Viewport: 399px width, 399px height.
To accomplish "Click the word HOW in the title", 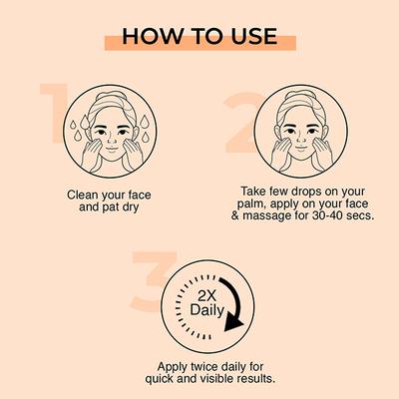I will tap(150, 36).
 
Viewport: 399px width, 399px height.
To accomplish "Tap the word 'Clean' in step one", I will tap(84, 195).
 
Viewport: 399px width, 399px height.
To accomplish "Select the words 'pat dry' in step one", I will tap(124, 210).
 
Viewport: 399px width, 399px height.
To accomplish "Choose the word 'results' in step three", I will tap(245, 380).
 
